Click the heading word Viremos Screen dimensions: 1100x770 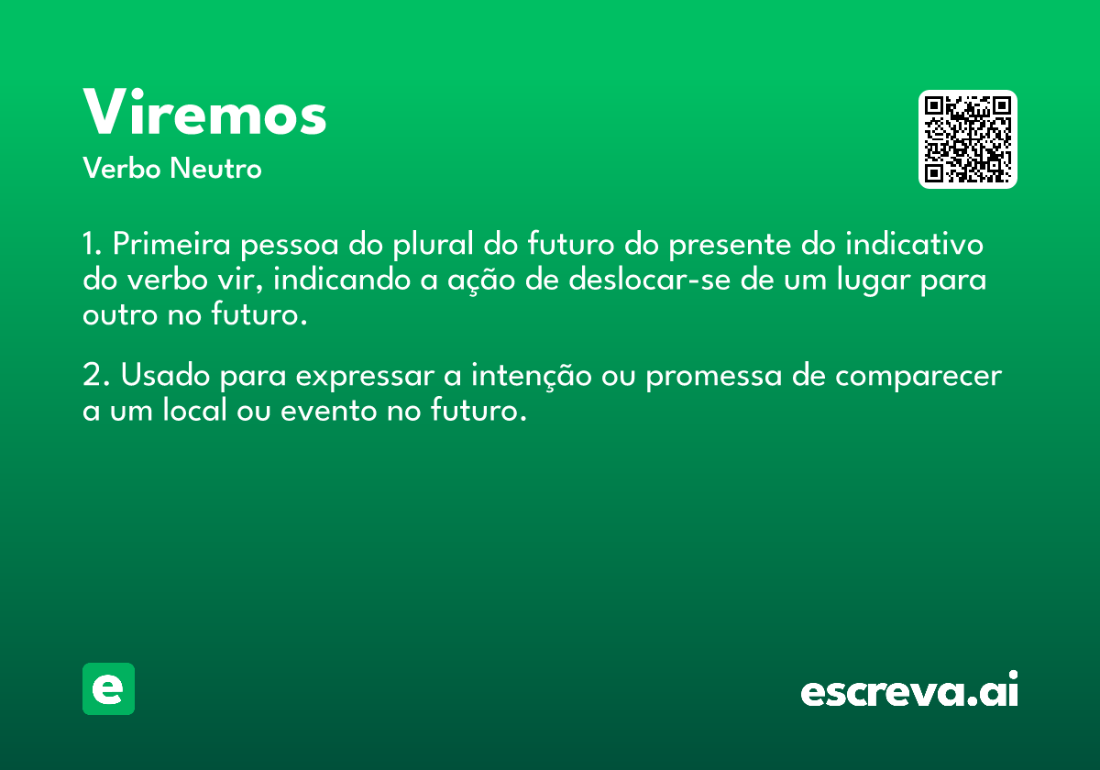click(204, 111)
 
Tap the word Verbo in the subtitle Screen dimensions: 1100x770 click(122, 168)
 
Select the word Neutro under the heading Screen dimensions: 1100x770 click(215, 168)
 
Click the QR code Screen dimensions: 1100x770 click(967, 139)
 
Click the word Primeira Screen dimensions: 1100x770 click(171, 244)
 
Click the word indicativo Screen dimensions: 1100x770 click(915, 244)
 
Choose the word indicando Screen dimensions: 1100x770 click(342, 279)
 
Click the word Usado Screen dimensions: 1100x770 click(166, 375)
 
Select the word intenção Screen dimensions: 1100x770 click(532, 376)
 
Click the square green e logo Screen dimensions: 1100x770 click(108, 688)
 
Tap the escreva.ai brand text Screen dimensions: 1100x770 click(909, 688)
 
